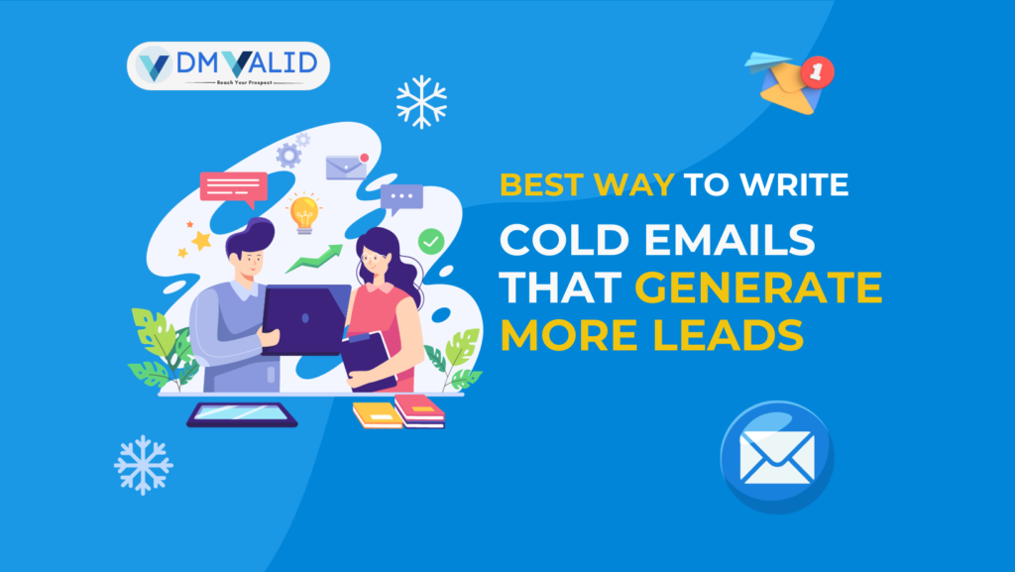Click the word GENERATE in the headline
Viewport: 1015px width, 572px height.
point(758,286)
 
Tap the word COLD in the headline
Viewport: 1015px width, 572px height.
point(564,240)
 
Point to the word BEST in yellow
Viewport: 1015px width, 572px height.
point(542,184)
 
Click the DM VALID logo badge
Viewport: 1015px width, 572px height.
point(228,66)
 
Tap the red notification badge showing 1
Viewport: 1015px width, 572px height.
point(818,71)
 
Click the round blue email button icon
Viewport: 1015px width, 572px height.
point(777,457)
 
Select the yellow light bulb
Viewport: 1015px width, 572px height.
point(304,212)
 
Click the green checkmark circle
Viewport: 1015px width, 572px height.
point(431,241)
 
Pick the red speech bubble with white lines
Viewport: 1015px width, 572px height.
point(234,188)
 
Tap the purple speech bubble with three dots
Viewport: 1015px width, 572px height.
point(401,198)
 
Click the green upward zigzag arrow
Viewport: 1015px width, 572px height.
point(314,258)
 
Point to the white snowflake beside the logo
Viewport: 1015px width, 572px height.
point(421,101)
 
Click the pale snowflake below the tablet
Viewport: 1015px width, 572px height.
point(143,465)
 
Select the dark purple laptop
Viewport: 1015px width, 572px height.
point(305,319)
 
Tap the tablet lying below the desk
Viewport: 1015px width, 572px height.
point(242,414)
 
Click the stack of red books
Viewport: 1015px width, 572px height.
point(420,410)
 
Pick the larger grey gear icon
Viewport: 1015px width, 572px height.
point(288,156)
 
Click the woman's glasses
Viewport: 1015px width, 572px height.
point(373,259)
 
